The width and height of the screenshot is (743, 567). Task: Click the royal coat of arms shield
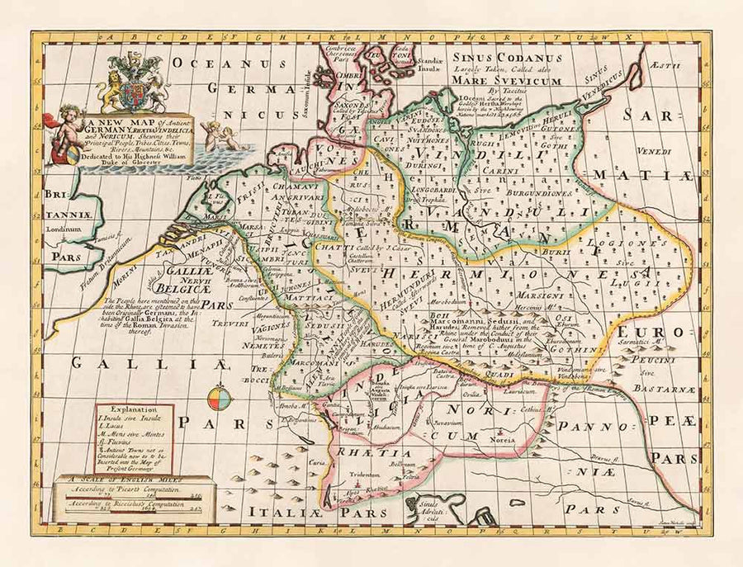tap(131, 93)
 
